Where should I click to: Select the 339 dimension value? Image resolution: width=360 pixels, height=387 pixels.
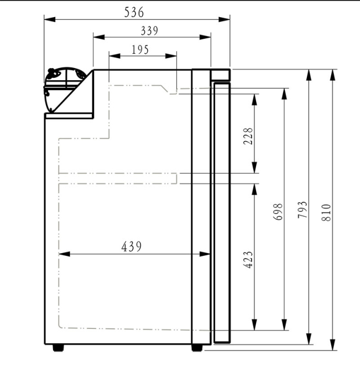[149, 30]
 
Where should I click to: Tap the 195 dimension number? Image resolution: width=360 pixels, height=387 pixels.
[141, 49]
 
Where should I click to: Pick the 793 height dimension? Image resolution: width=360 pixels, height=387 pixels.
[302, 211]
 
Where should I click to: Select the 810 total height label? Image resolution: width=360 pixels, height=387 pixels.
[326, 211]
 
